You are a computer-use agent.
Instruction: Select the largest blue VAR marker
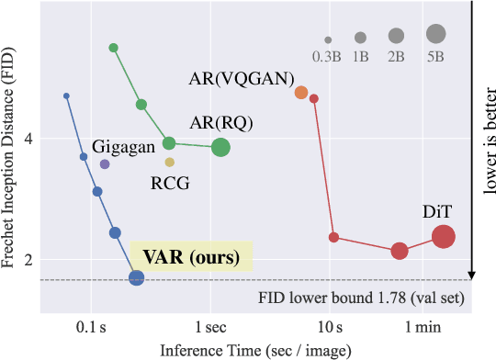pyautogui.click(x=136, y=277)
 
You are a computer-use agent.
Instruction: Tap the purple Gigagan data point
pyautogui.click(x=105, y=164)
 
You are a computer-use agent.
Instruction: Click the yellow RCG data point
pyautogui.click(x=169, y=163)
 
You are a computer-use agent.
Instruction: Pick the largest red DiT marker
pyautogui.click(x=444, y=237)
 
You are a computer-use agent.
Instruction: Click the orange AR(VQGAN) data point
pyautogui.click(x=301, y=93)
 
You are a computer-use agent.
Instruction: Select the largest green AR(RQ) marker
pyautogui.click(x=221, y=147)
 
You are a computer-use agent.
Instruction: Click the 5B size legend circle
pyautogui.click(x=435, y=34)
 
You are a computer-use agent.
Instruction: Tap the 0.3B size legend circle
pyautogui.click(x=328, y=39)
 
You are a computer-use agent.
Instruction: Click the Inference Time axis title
pyautogui.click(x=247, y=350)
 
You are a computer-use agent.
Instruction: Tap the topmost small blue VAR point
pyautogui.click(x=66, y=96)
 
